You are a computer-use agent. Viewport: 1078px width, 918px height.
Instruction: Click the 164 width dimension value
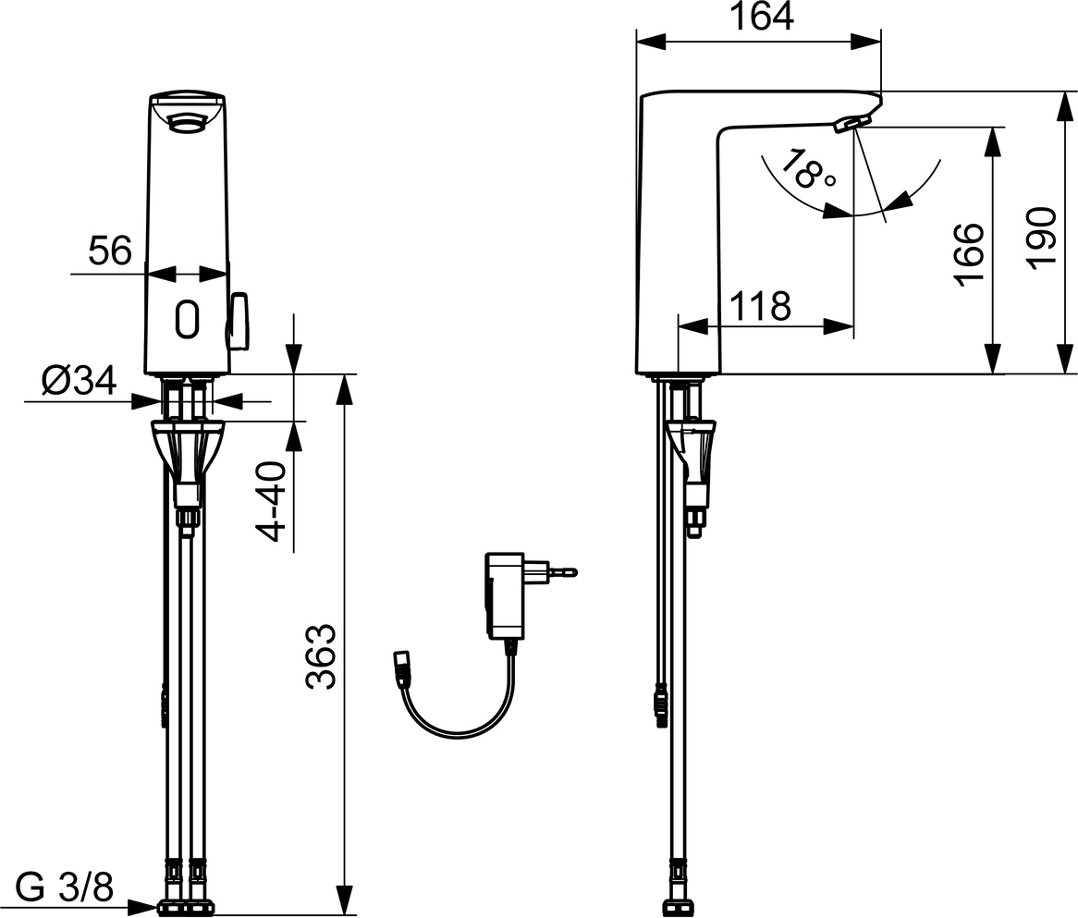tap(760, 17)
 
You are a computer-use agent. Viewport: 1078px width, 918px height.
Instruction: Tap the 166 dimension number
tap(969, 254)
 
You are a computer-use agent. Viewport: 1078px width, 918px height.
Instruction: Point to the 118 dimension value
tap(760, 306)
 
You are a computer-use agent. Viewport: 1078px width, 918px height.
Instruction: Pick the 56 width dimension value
tap(110, 251)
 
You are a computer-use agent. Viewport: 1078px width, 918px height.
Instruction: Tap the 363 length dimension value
tap(321, 656)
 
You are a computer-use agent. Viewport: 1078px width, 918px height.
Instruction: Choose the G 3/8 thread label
tap(64, 887)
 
